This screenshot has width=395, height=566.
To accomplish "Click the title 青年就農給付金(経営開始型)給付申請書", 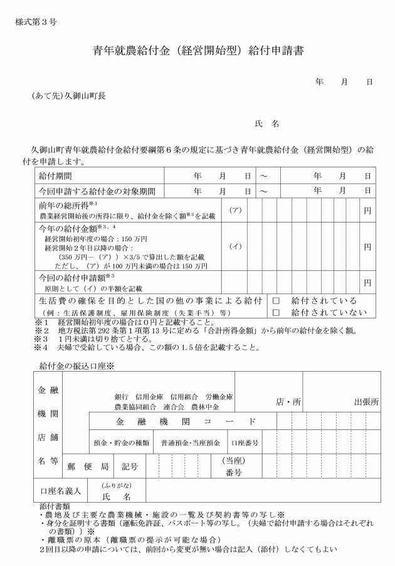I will point(198,51).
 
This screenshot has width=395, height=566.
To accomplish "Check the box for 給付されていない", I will point(275,312).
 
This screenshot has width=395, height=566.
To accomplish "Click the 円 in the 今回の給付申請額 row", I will point(368,282).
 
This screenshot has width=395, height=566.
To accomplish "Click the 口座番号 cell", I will point(245,443).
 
